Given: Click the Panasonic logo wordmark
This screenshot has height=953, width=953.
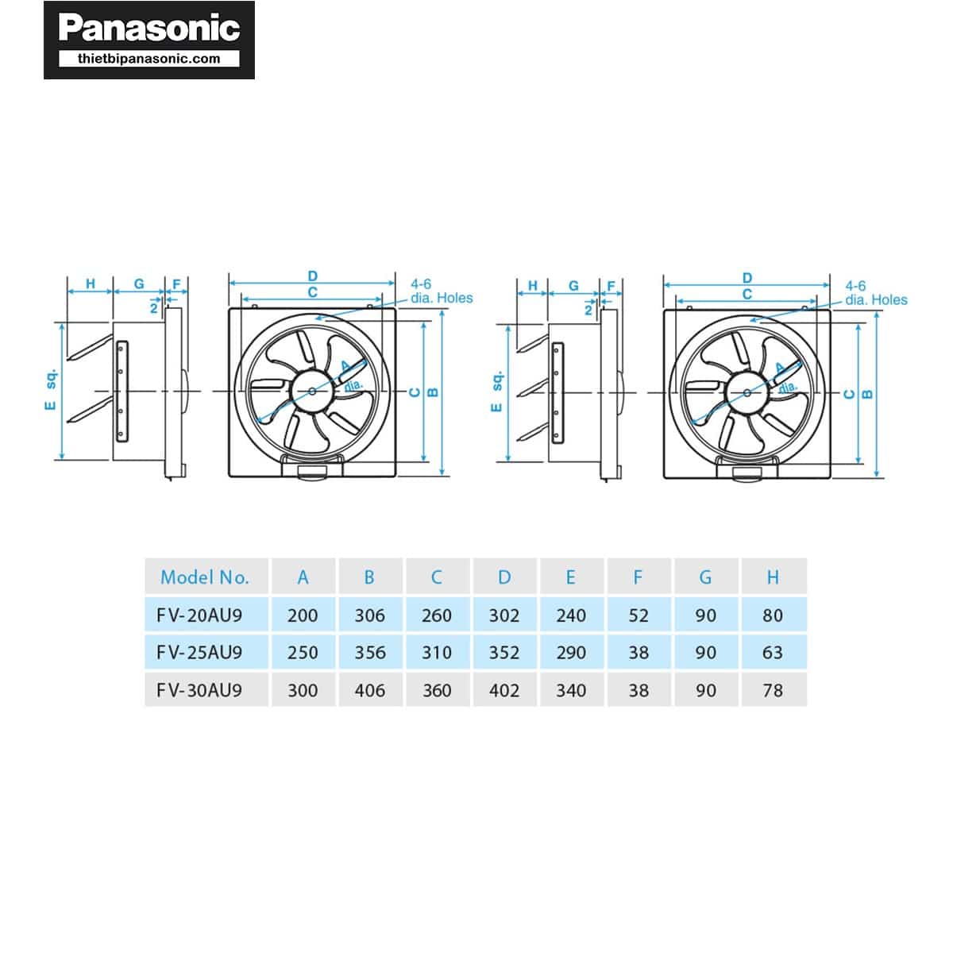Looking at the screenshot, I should [x=149, y=29].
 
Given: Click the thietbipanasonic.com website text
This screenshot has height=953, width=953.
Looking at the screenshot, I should [x=149, y=58].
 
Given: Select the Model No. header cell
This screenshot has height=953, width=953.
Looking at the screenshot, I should [x=205, y=577].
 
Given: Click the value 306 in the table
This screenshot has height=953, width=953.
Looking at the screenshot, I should [x=370, y=615].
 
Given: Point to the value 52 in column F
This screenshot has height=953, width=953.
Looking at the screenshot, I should [x=639, y=615].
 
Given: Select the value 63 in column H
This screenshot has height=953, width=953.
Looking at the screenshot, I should [x=773, y=652].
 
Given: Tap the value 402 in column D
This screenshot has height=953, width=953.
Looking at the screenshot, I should [x=504, y=690].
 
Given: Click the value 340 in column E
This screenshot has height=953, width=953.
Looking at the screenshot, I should [x=571, y=690].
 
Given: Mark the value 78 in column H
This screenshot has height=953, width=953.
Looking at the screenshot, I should [x=773, y=690].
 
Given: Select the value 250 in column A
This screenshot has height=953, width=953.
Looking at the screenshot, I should [x=303, y=652].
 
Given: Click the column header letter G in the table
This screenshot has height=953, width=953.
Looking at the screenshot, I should [x=705, y=577].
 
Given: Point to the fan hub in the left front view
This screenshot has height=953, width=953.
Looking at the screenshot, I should [x=312, y=390].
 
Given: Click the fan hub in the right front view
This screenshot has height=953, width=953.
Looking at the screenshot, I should [x=747, y=392].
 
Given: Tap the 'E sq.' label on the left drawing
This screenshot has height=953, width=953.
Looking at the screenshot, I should [x=50, y=389].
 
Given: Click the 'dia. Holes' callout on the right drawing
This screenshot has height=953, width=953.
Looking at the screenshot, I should [x=876, y=299].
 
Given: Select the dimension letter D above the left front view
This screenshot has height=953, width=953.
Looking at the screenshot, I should [x=313, y=276].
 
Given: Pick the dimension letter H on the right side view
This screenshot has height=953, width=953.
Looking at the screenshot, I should [x=533, y=286].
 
